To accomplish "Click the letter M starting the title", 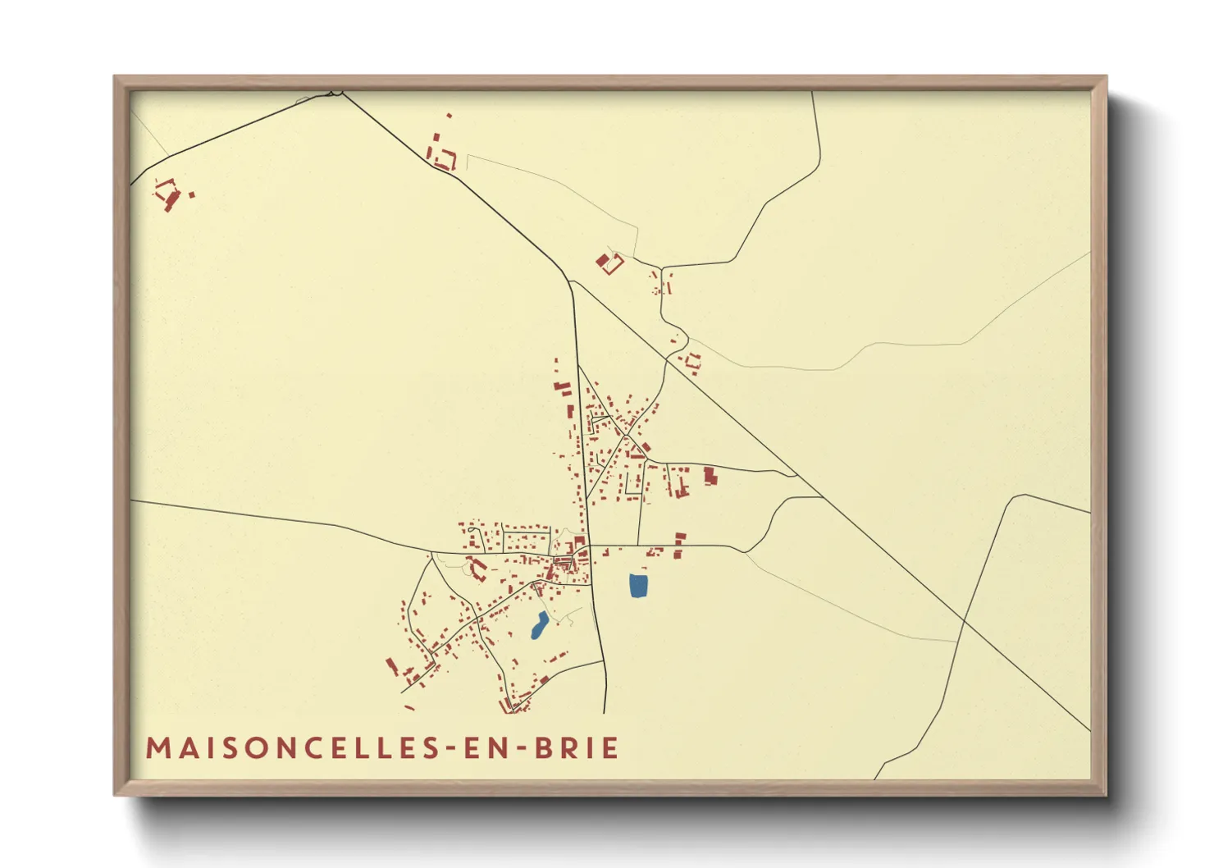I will click(x=157, y=748).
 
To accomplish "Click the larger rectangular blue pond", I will click(x=638, y=586).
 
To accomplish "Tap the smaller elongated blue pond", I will click(x=540, y=625).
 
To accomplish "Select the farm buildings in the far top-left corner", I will click(x=168, y=194).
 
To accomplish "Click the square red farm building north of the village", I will click(x=609, y=263).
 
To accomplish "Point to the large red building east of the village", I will click(x=710, y=475).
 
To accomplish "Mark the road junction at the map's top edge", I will click(x=337, y=93).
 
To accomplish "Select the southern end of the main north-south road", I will click(x=605, y=712).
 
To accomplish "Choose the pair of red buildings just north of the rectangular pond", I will click(x=679, y=545).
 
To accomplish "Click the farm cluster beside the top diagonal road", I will click(x=442, y=154).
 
